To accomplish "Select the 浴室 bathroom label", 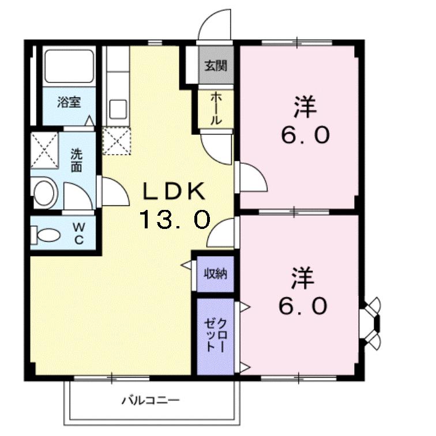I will pyautogui.click(x=69, y=103).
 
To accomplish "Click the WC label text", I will pyautogui.click(x=77, y=234).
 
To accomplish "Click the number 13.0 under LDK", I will pyautogui.click(x=173, y=219).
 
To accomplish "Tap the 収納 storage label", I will pyautogui.click(x=215, y=273).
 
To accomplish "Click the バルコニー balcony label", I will pyautogui.click(x=151, y=399).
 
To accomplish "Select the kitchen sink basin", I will pyautogui.click(x=119, y=108).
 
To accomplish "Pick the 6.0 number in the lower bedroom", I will pyautogui.click(x=304, y=306).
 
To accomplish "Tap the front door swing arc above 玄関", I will pyautogui.click(x=215, y=26).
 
